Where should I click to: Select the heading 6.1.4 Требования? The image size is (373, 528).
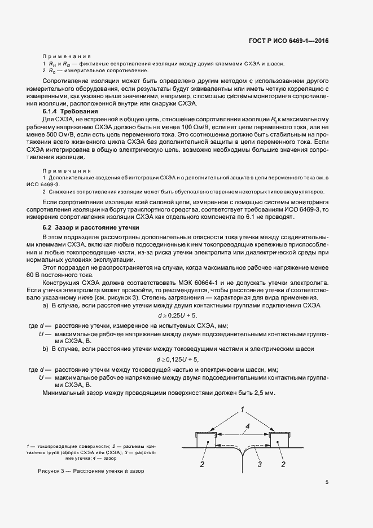(x=67, y=112)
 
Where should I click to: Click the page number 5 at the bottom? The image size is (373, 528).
(x=327, y=482)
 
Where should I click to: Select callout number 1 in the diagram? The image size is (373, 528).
(x=242, y=408)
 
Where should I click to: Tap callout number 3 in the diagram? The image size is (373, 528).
(x=260, y=464)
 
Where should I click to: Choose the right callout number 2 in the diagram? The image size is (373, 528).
(x=283, y=464)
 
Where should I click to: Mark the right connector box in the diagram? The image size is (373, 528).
(x=280, y=438)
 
